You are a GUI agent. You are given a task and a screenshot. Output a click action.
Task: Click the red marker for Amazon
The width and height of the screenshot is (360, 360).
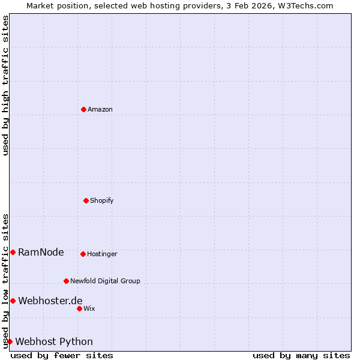coord(83,109)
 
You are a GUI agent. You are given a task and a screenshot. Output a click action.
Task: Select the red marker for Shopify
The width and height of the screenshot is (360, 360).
coord(86,200)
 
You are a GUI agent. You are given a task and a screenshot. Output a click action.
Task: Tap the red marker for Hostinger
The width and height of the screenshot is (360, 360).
coord(83,254)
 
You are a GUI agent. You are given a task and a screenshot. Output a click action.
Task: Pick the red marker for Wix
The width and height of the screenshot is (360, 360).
coord(79,308)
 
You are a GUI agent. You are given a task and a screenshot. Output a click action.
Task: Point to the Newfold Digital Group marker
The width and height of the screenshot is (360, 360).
coord(66,281)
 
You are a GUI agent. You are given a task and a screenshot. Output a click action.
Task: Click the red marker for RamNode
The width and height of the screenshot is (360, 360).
coord(13,252)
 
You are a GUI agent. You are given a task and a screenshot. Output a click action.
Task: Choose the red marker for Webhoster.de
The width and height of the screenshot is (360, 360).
coord(13,301)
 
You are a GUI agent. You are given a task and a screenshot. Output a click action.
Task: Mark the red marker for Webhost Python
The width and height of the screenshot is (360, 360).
coord(10,341)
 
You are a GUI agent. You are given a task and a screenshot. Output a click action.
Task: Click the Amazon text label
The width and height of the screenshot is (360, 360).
coord(100,110)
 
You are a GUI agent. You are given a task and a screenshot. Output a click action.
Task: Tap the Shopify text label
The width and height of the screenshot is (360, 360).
coord(102,201)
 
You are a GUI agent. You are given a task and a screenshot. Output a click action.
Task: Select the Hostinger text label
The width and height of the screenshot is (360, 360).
coord(103,254)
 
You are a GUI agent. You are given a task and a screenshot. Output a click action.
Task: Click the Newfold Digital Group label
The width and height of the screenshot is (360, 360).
coord(105,281)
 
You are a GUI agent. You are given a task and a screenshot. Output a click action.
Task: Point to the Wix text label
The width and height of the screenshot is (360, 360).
coord(89,309)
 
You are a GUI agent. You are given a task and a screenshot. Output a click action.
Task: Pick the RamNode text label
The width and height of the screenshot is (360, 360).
coord(41,253)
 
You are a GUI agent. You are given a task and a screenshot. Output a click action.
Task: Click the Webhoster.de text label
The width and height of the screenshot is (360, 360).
coord(50,301)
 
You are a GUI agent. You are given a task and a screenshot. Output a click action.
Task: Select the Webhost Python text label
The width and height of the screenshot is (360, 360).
coord(54,342)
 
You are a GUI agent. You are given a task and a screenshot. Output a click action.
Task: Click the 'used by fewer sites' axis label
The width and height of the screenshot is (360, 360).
coord(62,355)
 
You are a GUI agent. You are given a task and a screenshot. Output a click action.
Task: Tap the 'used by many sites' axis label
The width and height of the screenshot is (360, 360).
coord(301,355)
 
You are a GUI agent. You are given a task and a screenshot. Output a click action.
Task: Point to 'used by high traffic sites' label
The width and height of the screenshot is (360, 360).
coord(5,85)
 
